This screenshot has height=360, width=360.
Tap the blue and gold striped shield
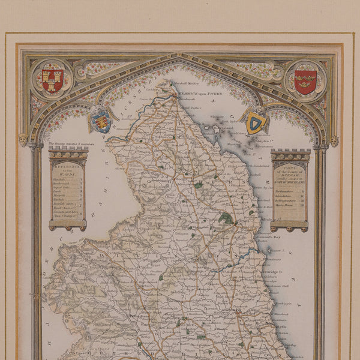point(101,122)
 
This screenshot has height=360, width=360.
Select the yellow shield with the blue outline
point(256,123)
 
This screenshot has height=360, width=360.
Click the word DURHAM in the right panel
point(290,172)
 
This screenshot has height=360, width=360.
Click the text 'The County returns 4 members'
point(68,145)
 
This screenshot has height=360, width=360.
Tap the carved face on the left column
point(23,140)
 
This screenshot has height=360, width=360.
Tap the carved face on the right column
point(334,142)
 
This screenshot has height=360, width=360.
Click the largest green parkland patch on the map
point(226,218)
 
